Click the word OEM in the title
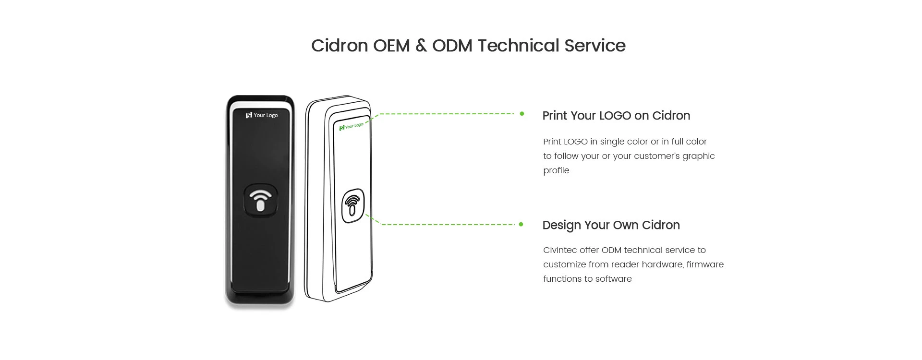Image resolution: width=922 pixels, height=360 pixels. (x=391, y=46)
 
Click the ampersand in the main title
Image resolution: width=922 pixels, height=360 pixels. (x=421, y=46)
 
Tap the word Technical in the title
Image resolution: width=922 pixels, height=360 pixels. (x=518, y=46)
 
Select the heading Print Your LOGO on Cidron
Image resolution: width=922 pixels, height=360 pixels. (x=616, y=116)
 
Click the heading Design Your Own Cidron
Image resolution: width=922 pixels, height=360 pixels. (x=611, y=225)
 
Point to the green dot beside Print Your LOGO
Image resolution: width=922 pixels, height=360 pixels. (x=522, y=114)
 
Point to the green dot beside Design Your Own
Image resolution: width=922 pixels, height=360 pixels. (x=521, y=224)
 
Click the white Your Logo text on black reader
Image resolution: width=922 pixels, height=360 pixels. (x=265, y=115)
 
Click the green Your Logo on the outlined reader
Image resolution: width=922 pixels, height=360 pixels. (x=353, y=126)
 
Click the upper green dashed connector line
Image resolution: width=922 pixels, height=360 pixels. (x=447, y=114)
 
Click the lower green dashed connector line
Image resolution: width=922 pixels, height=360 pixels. (x=447, y=224)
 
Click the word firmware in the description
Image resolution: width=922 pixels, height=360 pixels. (x=705, y=264)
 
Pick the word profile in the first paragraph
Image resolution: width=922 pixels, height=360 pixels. (x=556, y=171)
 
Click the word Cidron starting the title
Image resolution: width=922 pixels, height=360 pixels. (x=340, y=46)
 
